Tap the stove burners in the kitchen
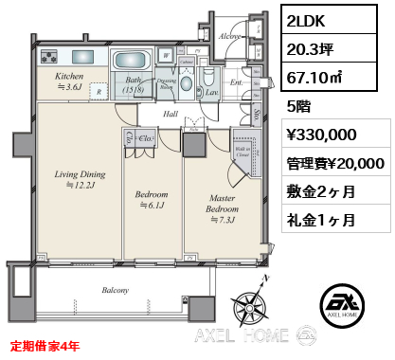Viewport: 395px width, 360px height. point(49,57)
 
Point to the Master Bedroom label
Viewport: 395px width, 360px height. point(223,202)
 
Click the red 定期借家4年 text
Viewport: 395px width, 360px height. point(52,346)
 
